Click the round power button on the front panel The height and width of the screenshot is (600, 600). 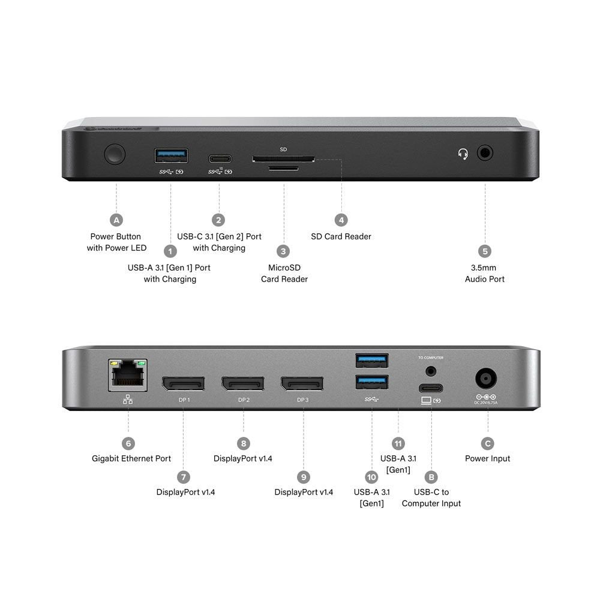115,154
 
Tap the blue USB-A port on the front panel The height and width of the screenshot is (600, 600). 171,156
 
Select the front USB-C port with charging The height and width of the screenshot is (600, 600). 220,158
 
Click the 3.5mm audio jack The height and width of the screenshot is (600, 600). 485,153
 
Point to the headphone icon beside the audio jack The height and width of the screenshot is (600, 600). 463,154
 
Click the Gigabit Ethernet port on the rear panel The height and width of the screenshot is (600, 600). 128,375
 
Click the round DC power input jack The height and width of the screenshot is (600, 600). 487,380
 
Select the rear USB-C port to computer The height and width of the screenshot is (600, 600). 430,387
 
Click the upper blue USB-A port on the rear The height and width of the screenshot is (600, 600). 371,361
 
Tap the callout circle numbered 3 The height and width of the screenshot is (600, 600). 284,251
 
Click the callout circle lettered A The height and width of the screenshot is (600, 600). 116,220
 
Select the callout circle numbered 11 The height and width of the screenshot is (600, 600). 398,443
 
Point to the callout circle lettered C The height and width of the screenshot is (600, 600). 488,443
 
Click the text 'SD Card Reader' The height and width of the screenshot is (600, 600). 341,236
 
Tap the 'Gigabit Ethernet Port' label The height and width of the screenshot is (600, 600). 131,458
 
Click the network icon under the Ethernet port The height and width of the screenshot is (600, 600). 128,399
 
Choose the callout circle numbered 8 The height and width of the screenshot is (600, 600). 243,443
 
